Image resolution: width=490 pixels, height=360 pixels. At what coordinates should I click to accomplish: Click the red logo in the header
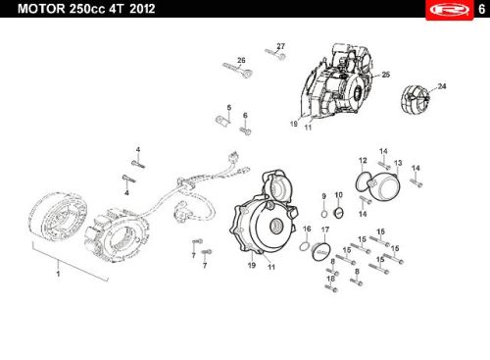tap(450, 10)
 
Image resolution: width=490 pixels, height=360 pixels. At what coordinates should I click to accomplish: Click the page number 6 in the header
tap(481, 9)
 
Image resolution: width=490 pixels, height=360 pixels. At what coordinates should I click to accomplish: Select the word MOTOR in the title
tap(41, 9)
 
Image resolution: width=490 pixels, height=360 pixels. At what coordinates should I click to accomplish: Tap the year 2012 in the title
tap(142, 9)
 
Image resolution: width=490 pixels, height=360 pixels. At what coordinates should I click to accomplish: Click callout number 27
tap(280, 46)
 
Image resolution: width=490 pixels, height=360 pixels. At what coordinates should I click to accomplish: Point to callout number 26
tap(241, 61)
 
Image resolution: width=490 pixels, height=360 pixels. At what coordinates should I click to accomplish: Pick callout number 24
tap(442, 86)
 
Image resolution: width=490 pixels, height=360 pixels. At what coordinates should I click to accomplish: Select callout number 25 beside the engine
tap(386, 75)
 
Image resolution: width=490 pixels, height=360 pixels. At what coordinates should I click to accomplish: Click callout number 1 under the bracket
tap(58, 274)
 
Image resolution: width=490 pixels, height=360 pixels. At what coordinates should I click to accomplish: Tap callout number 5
tap(229, 108)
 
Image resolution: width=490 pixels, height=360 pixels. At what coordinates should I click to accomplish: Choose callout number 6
tap(245, 116)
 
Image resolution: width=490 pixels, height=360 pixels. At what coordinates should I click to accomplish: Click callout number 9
tap(323, 196)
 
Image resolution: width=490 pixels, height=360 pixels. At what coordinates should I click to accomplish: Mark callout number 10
tap(338, 195)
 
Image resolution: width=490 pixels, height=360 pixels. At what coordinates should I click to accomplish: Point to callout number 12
tap(363, 161)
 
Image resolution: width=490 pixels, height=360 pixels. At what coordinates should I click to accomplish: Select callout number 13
tap(398, 163)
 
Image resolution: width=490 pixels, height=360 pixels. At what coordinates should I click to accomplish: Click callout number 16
tap(307, 229)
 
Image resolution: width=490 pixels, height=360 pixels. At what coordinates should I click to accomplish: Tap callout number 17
tap(325, 230)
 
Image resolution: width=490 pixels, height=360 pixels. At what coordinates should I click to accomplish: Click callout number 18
tap(330, 279)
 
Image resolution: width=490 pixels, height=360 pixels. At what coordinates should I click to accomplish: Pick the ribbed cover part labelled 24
tap(415, 100)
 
